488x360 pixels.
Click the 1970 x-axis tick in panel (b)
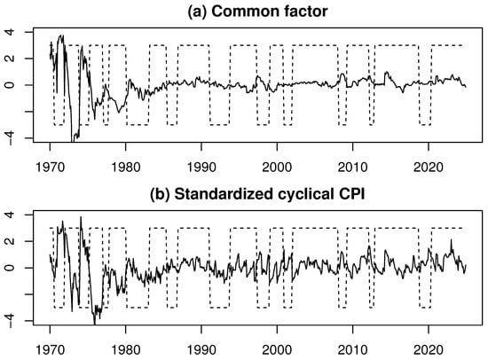[x=50, y=348]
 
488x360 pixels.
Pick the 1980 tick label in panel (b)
[x=125, y=348]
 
